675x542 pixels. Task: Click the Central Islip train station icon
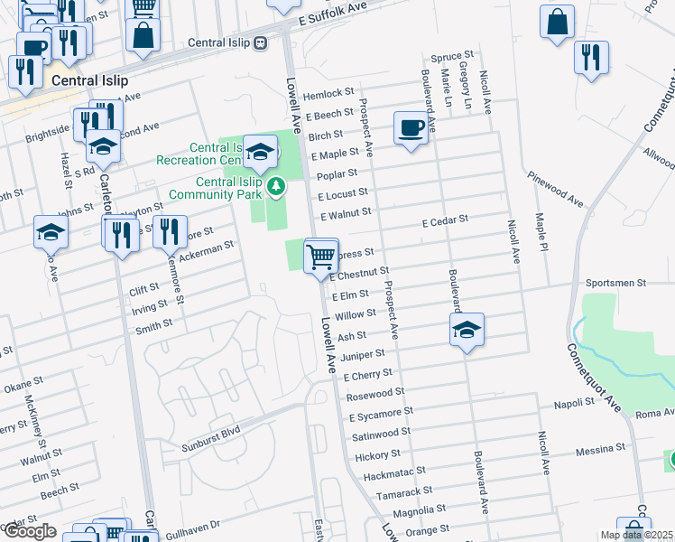260,42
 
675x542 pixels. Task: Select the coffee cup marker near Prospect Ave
411,128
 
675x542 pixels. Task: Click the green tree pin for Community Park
277,187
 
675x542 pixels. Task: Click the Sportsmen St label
616,283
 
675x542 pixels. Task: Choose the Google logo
30,531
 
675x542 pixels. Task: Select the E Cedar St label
446,220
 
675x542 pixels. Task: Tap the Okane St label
17,388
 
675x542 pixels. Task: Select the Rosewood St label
375,393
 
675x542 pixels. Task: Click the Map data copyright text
636,535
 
